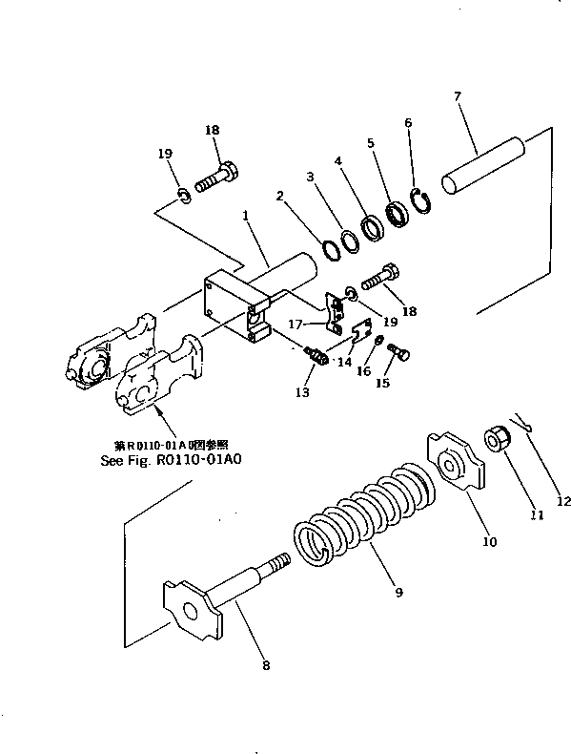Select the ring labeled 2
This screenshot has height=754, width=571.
(x=331, y=248)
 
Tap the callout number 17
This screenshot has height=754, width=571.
(x=296, y=325)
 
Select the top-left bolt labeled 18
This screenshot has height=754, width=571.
(x=217, y=177)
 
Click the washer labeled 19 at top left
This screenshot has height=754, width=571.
(x=185, y=198)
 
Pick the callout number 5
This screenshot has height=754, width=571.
(x=372, y=144)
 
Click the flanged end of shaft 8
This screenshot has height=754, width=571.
(x=192, y=607)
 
